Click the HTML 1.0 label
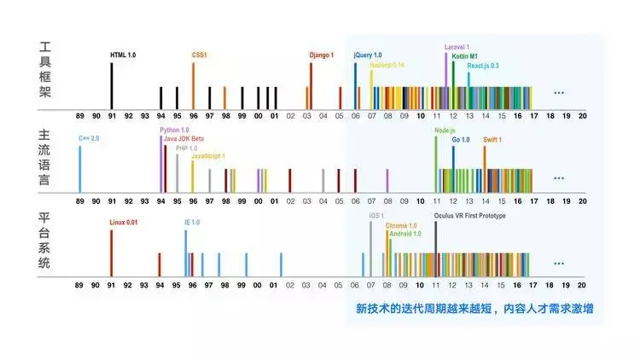pos(123,55)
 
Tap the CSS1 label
pos(200,55)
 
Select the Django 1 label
pos(321,55)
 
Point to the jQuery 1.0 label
pos(368,55)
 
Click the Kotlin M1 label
pos(465,55)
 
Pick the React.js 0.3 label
pos(483,65)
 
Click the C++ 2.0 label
pos(90,137)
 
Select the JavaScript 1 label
pos(208,156)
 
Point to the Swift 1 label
pos(492,139)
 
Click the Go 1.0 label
pos(461,139)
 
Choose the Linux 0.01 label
pos(124,223)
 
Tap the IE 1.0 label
pos(192,223)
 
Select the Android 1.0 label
pos(405,233)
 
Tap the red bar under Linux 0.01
pos(111,253)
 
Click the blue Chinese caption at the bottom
pos(474,307)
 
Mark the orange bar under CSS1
pos(193,85)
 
